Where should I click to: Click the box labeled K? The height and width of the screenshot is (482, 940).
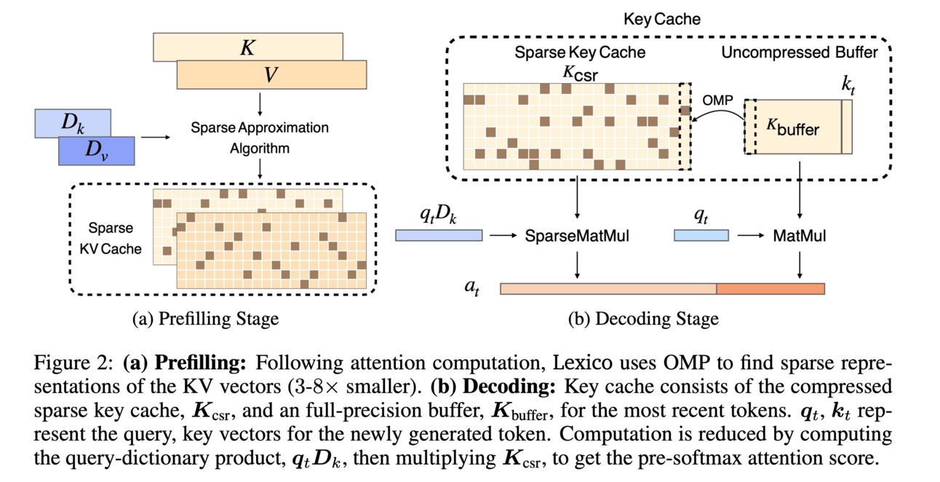(247, 45)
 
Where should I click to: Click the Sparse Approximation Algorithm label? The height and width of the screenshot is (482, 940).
(260, 138)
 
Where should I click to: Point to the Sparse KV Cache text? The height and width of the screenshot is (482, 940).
(115, 237)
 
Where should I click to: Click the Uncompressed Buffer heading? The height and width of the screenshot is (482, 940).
(799, 52)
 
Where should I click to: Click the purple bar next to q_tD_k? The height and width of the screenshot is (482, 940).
(439, 235)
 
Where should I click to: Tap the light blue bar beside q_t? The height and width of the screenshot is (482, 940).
(701, 235)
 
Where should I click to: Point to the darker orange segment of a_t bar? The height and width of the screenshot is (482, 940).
(770, 288)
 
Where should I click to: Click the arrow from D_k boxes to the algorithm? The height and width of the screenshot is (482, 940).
(152, 136)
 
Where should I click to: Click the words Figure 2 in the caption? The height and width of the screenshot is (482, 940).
(88, 363)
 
